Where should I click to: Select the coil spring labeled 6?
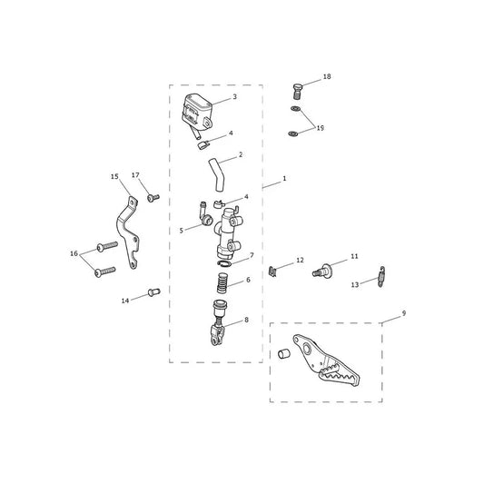pyautogui.click(x=222, y=282)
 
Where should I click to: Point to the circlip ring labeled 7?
pyautogui.click(x=223, y=263)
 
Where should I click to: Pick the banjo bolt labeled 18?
pyautogui.click(x=298, y=91)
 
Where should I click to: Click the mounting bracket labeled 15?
pyautogui.click(x=128, y=232)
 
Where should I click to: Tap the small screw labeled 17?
pyautogui.click(x=153, y=198)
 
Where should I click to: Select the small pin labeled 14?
pyautogui.click(x=153, y=291)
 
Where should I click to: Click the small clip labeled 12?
pyautogui.click(x=272, y=272)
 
